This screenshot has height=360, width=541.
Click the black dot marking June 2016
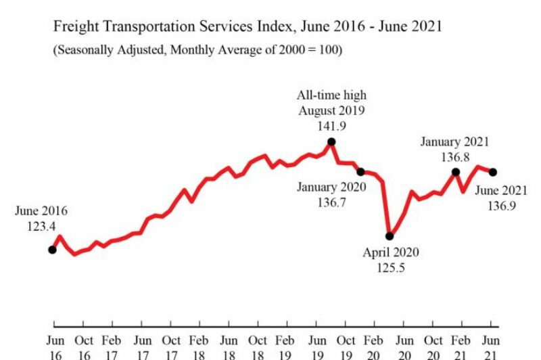click(x=52, y=250)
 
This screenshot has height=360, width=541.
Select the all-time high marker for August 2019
click(x=331, y=142)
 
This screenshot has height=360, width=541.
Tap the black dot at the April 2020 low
click(x=390, y=236)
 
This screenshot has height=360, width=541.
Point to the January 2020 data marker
click(x=360, y=172)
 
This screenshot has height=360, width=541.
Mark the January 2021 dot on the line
click(x=456, y=172)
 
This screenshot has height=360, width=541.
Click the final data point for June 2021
click(x=493, y=172)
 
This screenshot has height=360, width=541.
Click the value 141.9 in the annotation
click(x=331, y=125)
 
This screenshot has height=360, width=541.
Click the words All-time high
click(x=331, y=95)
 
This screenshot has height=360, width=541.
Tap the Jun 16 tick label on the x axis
click(x=55, y=346)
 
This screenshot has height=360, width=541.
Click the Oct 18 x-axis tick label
click(x=257, y=346)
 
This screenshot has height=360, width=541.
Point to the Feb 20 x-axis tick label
click(x=373, y=346)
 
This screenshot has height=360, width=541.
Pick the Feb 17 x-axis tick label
click(x=112, y=346)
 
